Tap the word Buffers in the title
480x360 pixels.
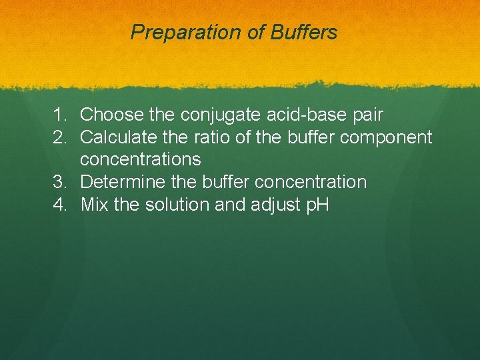303,32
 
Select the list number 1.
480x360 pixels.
61,115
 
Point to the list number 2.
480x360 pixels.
61,137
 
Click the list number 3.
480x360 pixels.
61,182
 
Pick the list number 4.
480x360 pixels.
61,205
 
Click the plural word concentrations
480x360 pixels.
140,159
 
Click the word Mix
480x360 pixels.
95,205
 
